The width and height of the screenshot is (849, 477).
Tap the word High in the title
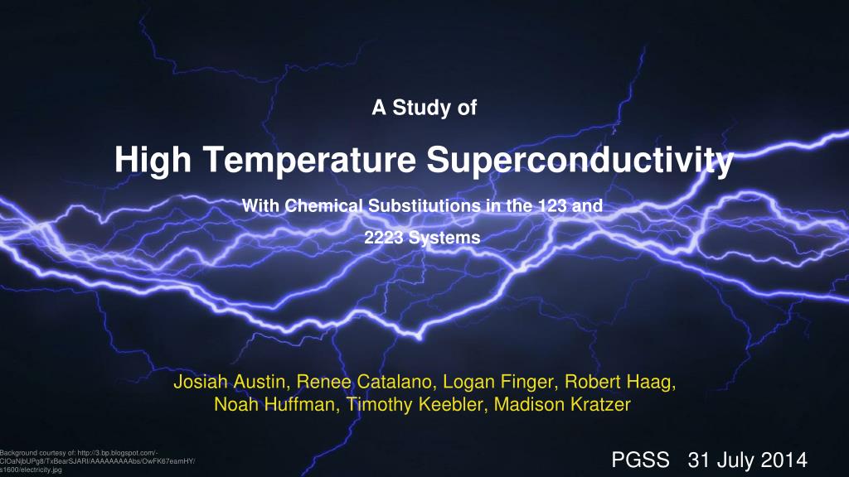pos(153,160)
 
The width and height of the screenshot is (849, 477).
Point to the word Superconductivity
pos(580,161)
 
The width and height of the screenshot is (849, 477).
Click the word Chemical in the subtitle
pos(323,205)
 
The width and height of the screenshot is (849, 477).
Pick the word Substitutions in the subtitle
pos(424,205)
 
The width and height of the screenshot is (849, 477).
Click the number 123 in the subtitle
pos(552,205)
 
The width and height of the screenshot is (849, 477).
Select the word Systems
pos(444,238)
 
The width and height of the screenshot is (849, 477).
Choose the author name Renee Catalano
pos(365,382)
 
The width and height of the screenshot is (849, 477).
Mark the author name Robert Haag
pos(619,383)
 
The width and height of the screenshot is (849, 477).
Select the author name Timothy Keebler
pos(415,404)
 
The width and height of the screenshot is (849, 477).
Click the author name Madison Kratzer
pos(562,404)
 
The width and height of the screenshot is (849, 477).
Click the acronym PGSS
pos(641,460)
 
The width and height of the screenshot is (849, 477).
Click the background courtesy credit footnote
pos(98,461)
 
